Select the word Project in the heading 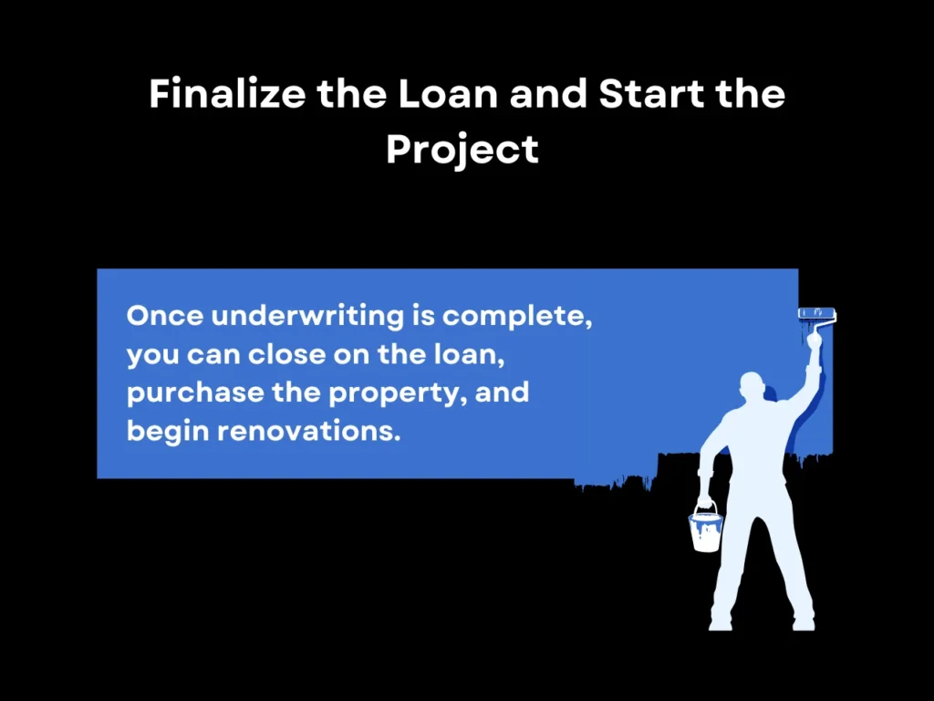point(462,148)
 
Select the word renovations point(309,430)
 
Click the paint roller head point(816,313)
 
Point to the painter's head point(753,389)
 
